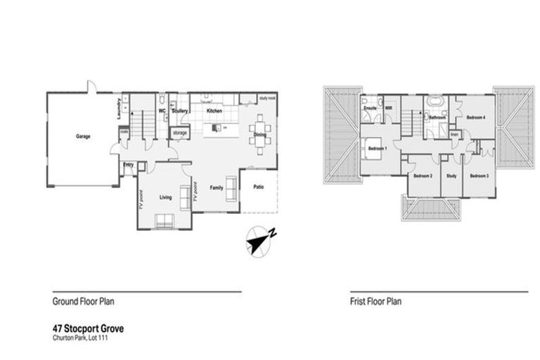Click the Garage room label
coord(83,137)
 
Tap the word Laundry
coord(118,107)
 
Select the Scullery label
coord(179,110)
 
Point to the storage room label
coord(179,132)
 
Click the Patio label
coord(259,186)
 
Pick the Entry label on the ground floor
coord(128,165)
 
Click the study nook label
coord(266,98)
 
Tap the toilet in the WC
coord(161,99)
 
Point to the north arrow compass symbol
coord(261,241)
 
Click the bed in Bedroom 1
coord(372,148)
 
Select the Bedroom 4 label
coord(476,117)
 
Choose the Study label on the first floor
coord(451,175)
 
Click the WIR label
coord(388,109)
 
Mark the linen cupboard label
coord(454,134)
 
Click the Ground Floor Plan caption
coord(84,301)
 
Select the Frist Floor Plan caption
coord(375,301)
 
